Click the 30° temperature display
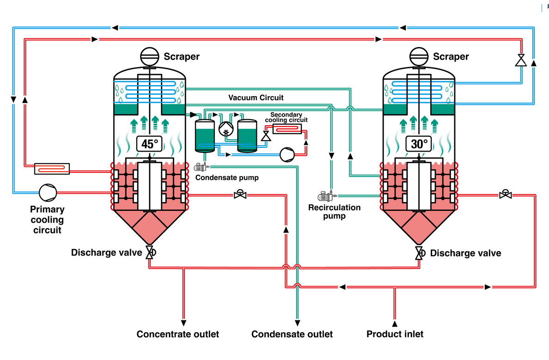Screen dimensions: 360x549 pos(419,143)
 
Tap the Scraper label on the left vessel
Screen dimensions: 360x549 pos(182,57)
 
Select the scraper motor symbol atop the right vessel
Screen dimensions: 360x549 pos(419,57)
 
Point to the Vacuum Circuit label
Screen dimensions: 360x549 pos(256,98)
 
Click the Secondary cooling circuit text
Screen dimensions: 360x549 pos(286,117)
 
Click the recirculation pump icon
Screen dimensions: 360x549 pos(325,197)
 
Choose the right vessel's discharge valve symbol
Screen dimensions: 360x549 pos(420,253)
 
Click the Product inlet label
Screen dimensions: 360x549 pos(395,334)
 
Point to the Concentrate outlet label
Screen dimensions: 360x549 pos(177,334)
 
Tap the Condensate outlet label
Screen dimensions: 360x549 pos(292,334)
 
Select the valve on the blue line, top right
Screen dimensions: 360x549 pos(521,61)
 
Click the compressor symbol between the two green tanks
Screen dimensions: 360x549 pos(226,130)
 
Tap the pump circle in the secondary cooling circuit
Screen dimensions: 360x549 pos(286,154)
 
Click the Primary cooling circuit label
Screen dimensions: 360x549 pos(47,220)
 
